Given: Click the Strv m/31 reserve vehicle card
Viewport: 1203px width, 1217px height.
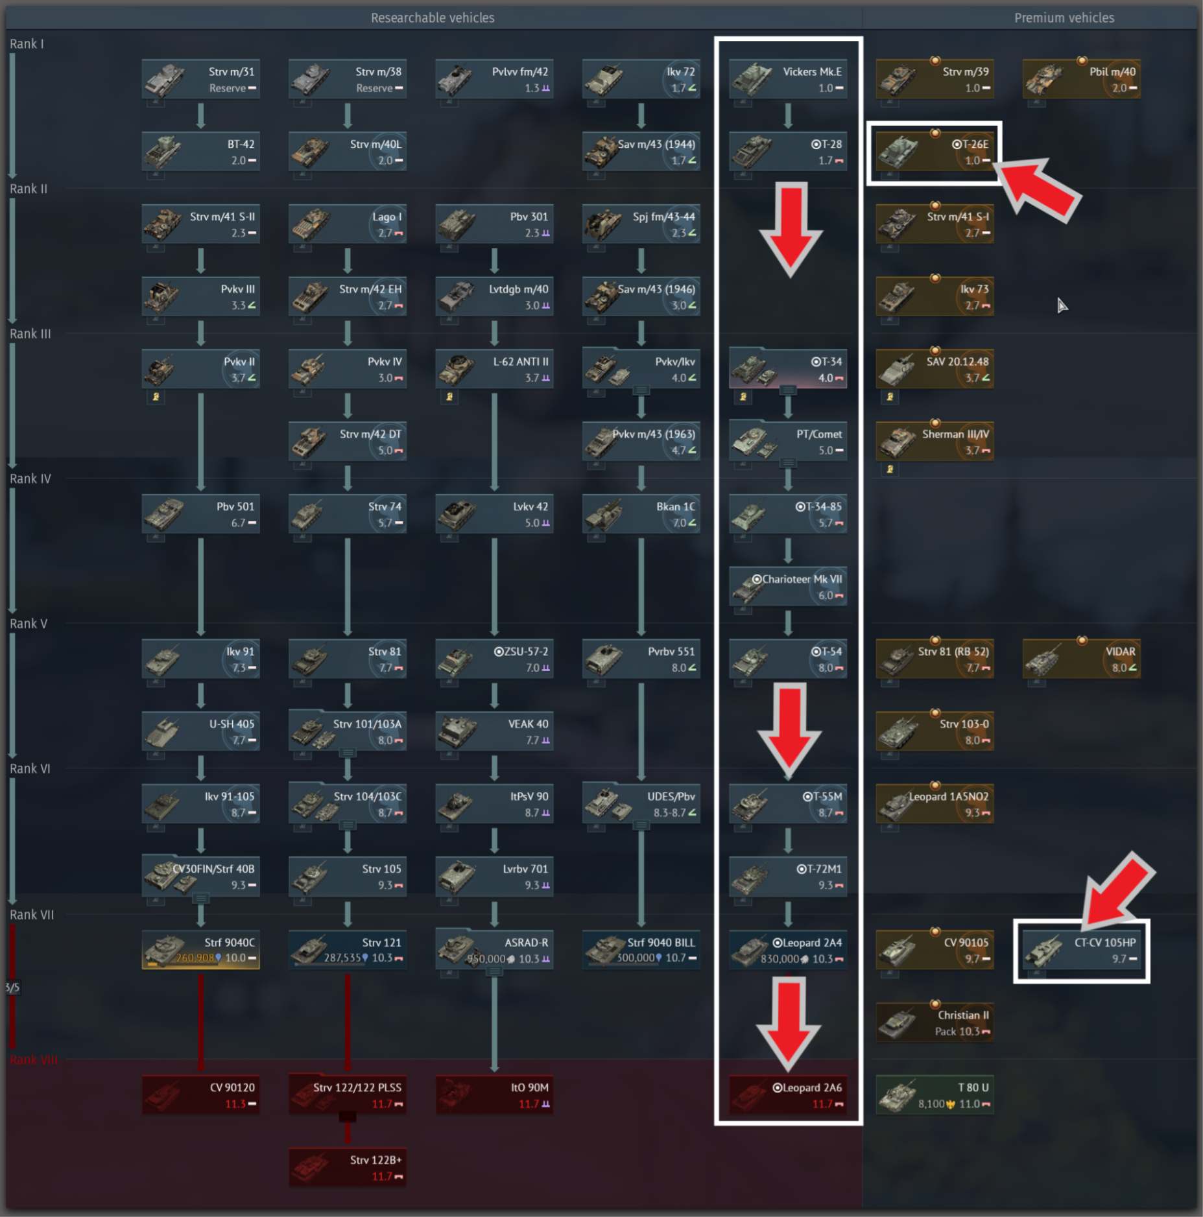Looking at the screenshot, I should click(201, 79).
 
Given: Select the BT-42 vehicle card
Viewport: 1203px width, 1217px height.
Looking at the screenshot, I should click(201, 152).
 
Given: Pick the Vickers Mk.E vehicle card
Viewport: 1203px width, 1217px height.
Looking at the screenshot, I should click(788, 79).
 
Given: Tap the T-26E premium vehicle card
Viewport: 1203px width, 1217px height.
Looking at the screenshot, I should click(935, 152).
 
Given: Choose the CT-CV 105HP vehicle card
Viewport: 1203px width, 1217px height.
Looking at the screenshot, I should click(1081, 951).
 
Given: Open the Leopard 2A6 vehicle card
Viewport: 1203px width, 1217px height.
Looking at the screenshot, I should click(788, 1096).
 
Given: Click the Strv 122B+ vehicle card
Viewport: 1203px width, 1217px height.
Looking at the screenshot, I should click(348, 1168).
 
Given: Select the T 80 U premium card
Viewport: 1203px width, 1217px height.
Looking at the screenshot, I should click(935, 1096).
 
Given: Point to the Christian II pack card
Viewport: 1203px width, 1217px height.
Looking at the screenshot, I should click(935, 1022).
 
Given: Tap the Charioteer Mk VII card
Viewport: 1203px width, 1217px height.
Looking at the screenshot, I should click(788, 587).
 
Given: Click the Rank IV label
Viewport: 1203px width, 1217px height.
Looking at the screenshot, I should click(30, 479).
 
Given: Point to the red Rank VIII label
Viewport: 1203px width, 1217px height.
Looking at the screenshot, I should click(34, 1060).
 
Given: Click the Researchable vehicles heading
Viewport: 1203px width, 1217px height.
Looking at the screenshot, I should click(433, 18).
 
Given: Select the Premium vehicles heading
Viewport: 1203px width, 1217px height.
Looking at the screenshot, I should click(1064, 18).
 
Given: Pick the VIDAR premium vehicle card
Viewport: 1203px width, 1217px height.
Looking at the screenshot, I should click(1081, 659).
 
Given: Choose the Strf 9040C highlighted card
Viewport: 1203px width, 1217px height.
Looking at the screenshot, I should click(201, 951).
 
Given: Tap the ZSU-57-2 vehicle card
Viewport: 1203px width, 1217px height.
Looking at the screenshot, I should click(494, 659).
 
